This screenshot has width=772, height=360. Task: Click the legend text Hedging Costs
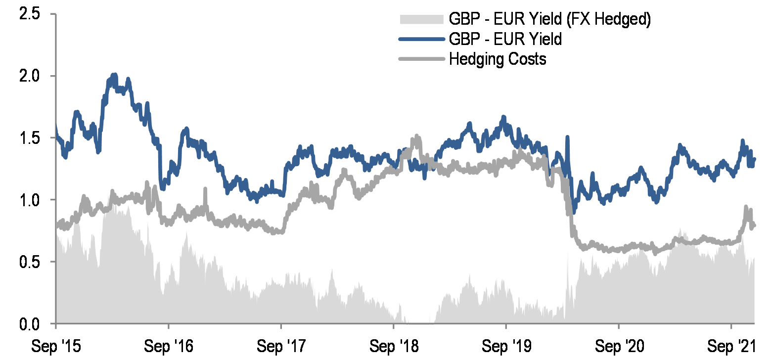tap(497, 59)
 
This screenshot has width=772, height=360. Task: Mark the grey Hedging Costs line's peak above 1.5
tap(417, 136)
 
